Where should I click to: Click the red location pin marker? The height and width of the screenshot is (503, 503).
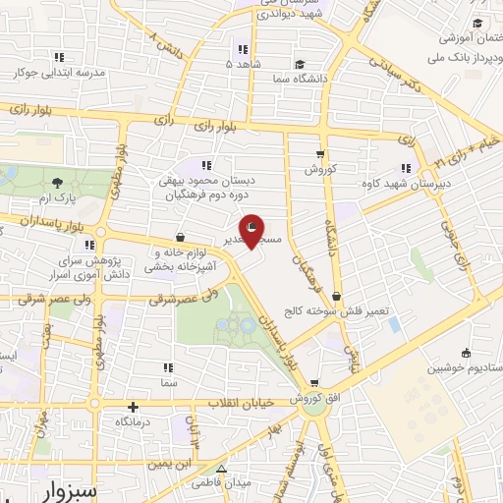click(x=252, y=230)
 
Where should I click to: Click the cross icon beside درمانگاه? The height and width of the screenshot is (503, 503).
click(x=133, y=407)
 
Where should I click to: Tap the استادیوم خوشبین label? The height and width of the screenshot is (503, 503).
click(x=464, y=368)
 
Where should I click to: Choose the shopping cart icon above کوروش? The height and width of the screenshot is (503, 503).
click(x=320, y=153)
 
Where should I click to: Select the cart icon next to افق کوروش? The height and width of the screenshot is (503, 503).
click(x=312, y=384)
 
